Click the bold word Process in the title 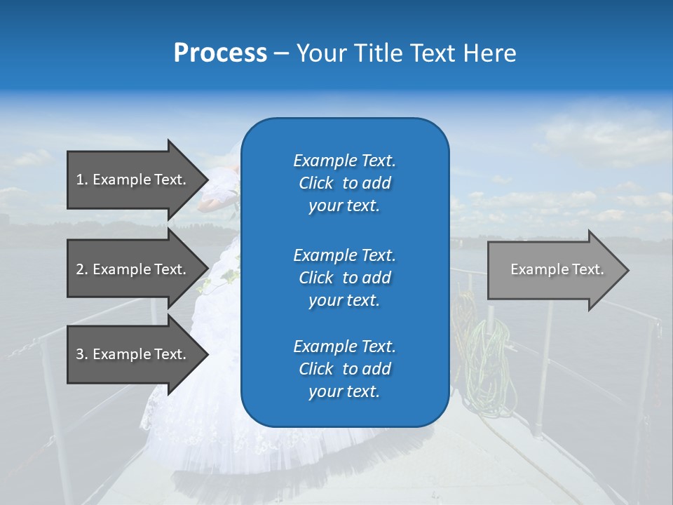pyautogui.click(x=220, y=53)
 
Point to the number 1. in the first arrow pyautogui.click(x=82, y=180)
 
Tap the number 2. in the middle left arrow pyautogui.click(x=82, y=269)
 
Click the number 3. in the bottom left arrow pyautogui.click(x=82, y=355)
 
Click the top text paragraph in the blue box pyautogui.click(x=344, y=183)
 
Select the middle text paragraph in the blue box pyautogui.click(x=344, y=278)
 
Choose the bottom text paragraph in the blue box pyautogui.click(x=344, y=369)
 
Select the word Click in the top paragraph pyautogui.click(x=315, y=183)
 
